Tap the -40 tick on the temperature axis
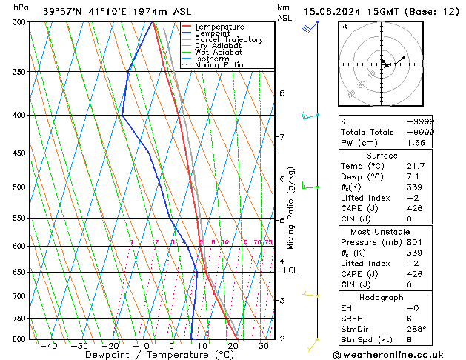click(50, 345)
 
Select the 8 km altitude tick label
click(282, 93)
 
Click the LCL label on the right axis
click(291, 270)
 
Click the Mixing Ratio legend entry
click(219, 65)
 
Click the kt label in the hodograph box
click(344, 27)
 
